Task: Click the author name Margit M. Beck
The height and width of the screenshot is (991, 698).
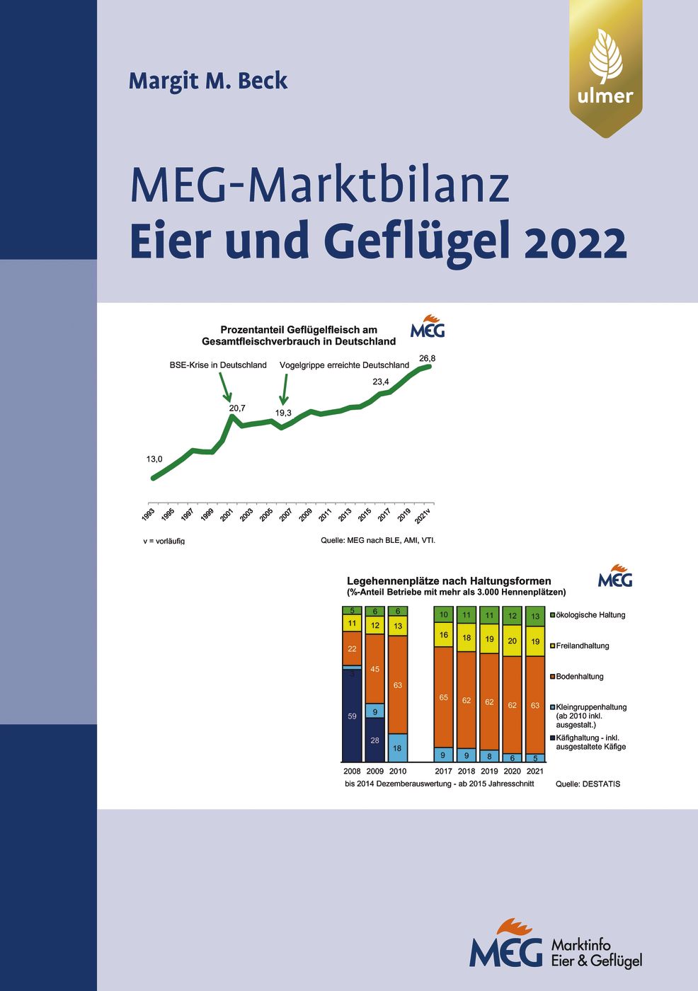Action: (208, 81)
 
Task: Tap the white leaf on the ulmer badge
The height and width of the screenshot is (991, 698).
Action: (605, 57)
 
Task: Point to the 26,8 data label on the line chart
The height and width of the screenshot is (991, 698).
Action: (428, 358)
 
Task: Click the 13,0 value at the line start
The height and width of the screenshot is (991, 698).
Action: (154, 459)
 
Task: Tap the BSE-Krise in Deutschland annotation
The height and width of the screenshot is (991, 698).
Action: (218, 365)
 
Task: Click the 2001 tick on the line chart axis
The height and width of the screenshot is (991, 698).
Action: (227, 515)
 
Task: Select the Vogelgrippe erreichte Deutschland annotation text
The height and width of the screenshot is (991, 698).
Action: (344, 365)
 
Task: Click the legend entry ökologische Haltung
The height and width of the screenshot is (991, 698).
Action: (590, 615)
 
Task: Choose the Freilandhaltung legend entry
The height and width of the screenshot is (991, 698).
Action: (582, 646)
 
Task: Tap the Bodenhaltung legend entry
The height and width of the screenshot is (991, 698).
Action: (579, 677)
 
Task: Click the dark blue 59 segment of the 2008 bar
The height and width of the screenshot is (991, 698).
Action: (352, 716)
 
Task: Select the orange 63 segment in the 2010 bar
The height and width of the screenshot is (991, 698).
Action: (398, 685)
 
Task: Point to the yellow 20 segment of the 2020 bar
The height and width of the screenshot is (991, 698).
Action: (513, 641)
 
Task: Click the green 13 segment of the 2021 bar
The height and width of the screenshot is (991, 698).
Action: (535, 616)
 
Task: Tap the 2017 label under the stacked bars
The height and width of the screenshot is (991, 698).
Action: (443, 771)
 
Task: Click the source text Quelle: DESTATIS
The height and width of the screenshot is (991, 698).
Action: (588, 784)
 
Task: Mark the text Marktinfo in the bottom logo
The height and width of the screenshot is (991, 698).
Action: (580, 945)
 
